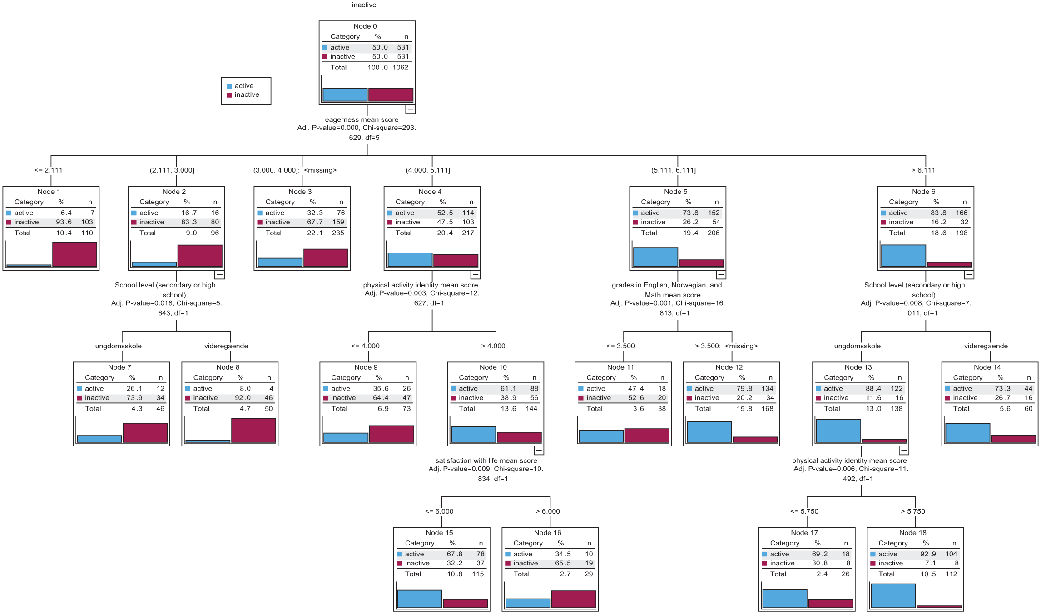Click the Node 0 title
click(x=365, y=26)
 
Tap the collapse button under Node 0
click(x=410, y=109)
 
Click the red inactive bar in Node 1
click(x=75, y=254)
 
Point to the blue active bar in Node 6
click(x=903, y=256)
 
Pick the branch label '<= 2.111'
click(x=48, y=170)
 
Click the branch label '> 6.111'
click(x=923, y=170)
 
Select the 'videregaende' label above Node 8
click(x=226, y=346)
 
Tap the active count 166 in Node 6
click(x=962, y=213)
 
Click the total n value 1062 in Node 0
click(x=401, y=68)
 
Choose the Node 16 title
click(x=548, y=533)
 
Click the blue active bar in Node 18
click(x=893, y=596)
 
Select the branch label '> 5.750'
click(x=913, y=511)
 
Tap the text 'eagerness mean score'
click(x=362, y=120)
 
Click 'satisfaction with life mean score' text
click(x=486, y=461)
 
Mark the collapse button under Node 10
click(x=539, y=451)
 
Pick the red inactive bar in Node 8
click(x=254, y=431)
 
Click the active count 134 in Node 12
click(x=768, y=389)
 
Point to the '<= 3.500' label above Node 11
click(x=620, y=346)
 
